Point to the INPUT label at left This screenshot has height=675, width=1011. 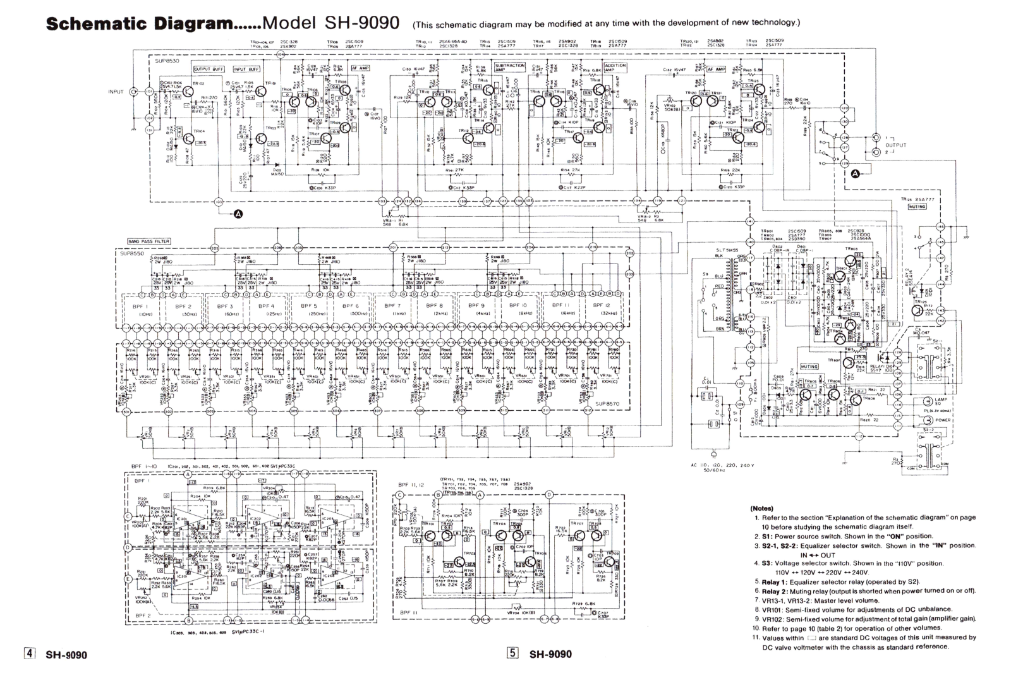[116, 92]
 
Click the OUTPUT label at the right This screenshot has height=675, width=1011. [895, 145]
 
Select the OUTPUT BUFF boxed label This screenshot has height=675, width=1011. [209, 69]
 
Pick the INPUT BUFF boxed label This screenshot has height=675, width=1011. [246, 69]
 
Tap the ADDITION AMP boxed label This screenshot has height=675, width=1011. [615, 67]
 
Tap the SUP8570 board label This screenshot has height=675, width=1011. [607, 403]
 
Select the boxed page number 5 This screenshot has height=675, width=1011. [512, 654]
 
